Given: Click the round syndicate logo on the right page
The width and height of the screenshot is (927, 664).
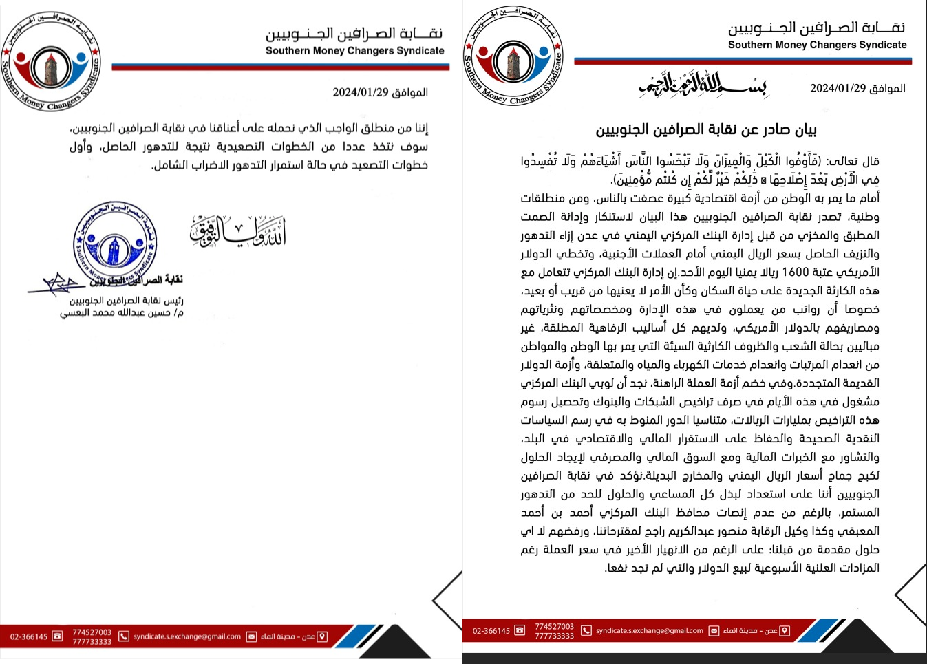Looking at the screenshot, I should coord(513,56).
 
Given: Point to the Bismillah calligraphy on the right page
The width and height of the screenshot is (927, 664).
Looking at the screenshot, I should coord(702,85).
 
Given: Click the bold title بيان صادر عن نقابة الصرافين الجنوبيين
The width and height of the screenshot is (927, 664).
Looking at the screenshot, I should coord(706,130).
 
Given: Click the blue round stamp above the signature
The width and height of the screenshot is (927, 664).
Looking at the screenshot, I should coord(115,243).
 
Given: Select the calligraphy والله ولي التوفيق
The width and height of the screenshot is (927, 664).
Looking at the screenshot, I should coord(237,231).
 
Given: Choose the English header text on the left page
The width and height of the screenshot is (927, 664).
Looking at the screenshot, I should coord(354,50).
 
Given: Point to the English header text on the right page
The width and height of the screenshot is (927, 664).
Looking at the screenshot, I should coord(817,45).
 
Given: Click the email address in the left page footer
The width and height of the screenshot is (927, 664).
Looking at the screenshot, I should coord(187,636).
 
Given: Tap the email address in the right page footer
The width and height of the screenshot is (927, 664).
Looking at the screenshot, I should coord(650,630).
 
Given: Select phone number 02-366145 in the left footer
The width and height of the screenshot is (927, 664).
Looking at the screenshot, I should coord(29,636).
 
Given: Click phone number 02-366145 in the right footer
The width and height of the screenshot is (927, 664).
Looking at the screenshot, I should coord(491,630).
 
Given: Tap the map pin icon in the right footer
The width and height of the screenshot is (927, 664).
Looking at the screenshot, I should coord(785,630).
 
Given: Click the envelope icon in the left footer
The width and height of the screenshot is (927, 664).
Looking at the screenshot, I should coord(251,636).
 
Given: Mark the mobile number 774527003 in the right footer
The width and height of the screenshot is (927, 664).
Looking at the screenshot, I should coord(554,626).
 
